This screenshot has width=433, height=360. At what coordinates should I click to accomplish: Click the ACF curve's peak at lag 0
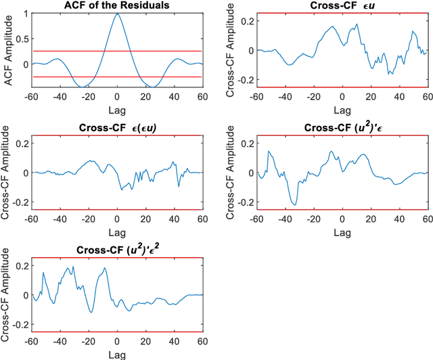coord(117,14)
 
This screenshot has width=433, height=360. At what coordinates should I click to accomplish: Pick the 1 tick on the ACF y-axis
coord(27,13)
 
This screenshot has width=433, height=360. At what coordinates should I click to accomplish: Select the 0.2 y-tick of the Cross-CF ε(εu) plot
coord(24,143)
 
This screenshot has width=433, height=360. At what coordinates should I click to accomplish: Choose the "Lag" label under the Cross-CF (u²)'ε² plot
coord(117,352)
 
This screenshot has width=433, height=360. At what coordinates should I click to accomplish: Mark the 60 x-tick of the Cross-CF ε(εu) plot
coord(202,218)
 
